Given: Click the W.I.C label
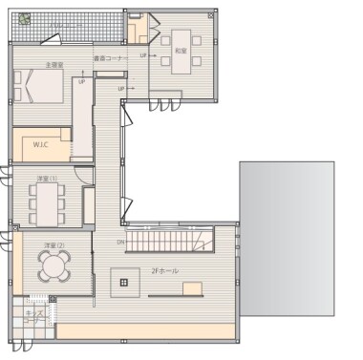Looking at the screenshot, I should (x=41, y=145).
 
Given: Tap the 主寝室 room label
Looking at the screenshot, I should (x=53, y=65).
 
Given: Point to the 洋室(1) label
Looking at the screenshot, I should (x=45, y=179).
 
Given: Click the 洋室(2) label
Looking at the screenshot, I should (x=53, y=246).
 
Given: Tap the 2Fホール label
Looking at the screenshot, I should (x=164, y=271).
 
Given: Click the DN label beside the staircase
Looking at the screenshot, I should (x=121, y=242).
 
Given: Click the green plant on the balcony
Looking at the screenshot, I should (x=24, y=18).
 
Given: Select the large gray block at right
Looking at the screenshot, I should (x=287, y=239).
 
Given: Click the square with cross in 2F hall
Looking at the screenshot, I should (x=123, y=282).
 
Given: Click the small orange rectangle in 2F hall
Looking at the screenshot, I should (x=193, y=287).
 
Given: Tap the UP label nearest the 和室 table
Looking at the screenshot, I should (x=143, y=55).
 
